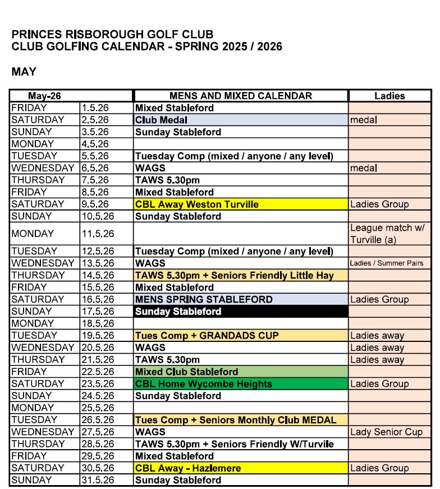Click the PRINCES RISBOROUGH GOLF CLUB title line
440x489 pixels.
112,34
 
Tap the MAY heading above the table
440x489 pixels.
24,72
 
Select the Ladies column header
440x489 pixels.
389,95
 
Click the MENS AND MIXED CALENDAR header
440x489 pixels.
240,95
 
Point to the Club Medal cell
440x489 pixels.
240,120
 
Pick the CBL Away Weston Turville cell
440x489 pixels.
240,204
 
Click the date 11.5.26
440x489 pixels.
99,234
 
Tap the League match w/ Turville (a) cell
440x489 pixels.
389,234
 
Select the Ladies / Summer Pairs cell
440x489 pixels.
389,263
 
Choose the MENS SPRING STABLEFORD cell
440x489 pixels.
240,299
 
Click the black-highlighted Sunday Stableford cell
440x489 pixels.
240,312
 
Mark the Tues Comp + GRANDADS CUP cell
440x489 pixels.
240,336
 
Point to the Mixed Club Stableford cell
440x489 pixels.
240,372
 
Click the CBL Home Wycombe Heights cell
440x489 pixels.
240,384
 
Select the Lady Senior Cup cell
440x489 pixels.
389,432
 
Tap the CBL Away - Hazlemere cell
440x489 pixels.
240,468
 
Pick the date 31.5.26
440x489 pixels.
99,480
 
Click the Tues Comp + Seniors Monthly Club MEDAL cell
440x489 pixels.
240,420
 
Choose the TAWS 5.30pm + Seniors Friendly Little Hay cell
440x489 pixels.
240,275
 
